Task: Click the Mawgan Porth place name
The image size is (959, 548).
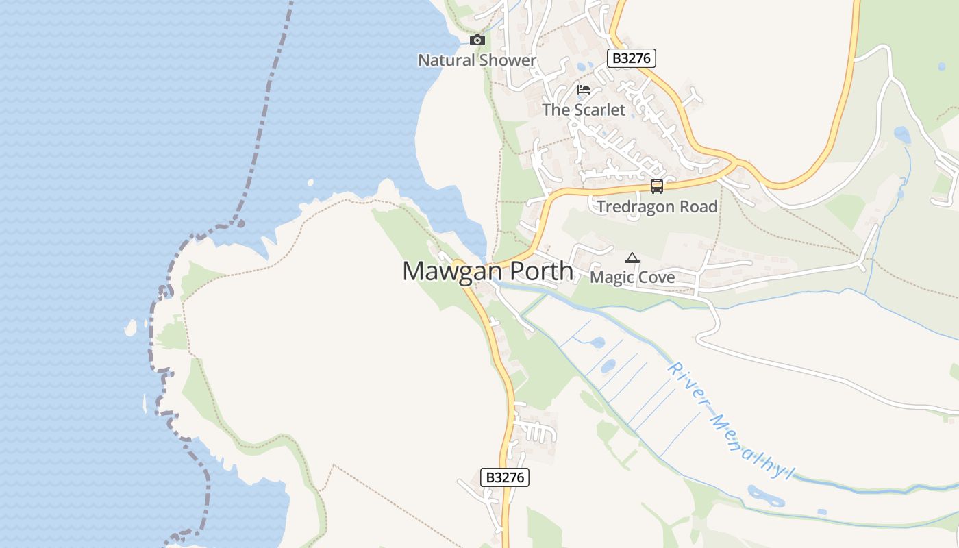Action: [x=487, y=271]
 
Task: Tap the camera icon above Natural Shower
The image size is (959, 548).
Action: [x=477, y=40]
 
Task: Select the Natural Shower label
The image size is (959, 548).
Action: [x=477, y=60]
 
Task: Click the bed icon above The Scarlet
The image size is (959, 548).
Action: [x=584, y=90]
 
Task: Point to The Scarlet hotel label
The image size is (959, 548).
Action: [x=584, y=110]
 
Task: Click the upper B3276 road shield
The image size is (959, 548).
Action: [x=632, y=58]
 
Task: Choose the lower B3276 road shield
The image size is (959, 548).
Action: [x=505, y=477]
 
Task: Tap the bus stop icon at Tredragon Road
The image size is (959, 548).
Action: [x=656, y=186]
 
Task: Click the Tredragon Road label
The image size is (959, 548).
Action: [x=657, y=207]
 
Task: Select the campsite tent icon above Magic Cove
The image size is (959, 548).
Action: [x=632, y=258]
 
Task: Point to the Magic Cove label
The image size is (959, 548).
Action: [x=632, y=277]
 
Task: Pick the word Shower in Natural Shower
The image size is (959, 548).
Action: [x=508, y=60]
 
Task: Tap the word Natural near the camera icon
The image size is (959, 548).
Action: [x=447, y=60]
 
